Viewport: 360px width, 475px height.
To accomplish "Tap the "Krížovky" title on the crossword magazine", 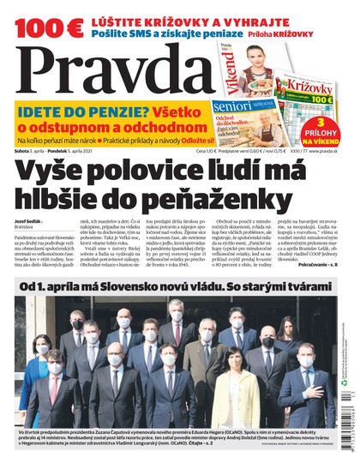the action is [x=310, y=86].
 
